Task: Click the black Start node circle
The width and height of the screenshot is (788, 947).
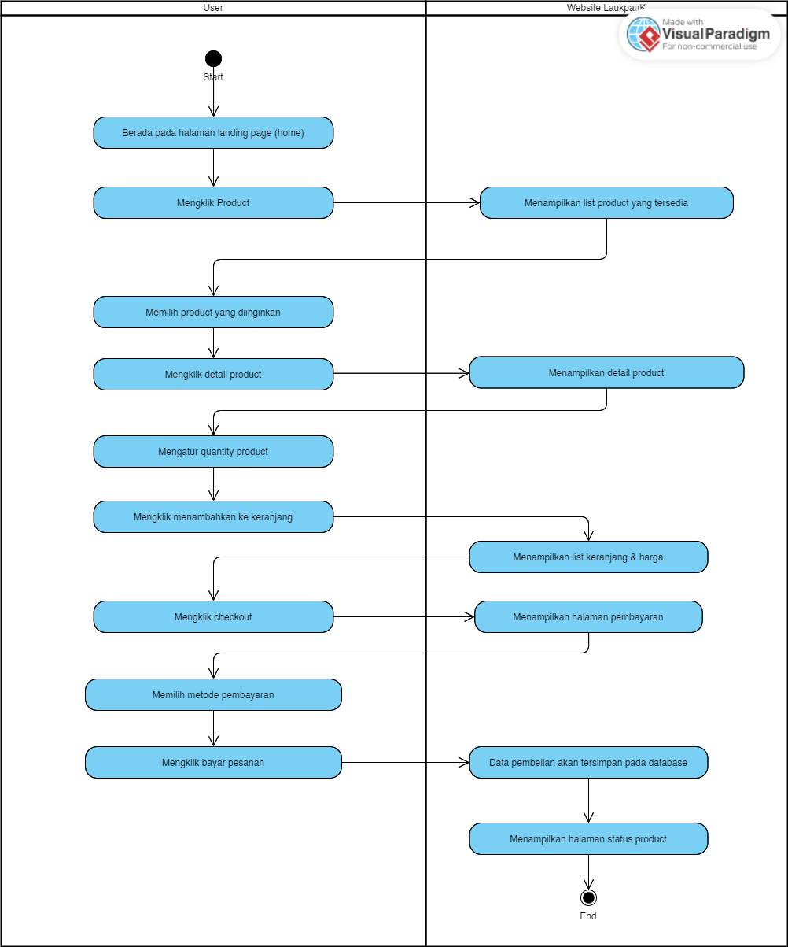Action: click(213, 59)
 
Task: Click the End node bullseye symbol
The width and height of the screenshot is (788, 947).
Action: click(588, 897)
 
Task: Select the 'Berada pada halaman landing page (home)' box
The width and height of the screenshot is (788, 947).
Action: click(213, 133)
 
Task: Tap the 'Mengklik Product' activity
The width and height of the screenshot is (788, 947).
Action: click(213, 203)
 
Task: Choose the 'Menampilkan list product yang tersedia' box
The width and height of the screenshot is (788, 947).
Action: click(606, 203)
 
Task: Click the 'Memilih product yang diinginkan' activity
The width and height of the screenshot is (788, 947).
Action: click(213, 313)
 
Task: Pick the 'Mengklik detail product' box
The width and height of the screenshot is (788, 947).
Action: click(213, 375)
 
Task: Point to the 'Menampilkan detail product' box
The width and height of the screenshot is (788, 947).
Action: click(606, 373)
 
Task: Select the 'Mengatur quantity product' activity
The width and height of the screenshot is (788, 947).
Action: click(213, 452)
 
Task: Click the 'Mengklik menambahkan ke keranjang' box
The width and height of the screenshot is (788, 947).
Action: click(213, 517)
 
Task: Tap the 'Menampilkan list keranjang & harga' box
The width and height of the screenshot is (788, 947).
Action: click(588, 557)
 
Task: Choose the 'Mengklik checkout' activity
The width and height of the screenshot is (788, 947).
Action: click(213, 617)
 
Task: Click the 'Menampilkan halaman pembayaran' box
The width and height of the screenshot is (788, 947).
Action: click(588, 617)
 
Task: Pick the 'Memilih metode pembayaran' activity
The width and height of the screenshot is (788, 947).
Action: click(213, 695)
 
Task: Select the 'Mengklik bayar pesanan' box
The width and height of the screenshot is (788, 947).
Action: click(213, 763)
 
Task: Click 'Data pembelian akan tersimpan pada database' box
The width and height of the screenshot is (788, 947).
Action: click(588, 763)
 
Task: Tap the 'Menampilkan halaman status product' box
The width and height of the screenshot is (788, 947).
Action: click(588, 839)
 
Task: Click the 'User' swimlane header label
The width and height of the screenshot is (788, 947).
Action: click(213, 8)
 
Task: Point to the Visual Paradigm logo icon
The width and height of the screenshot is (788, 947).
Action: click(644, 35)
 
